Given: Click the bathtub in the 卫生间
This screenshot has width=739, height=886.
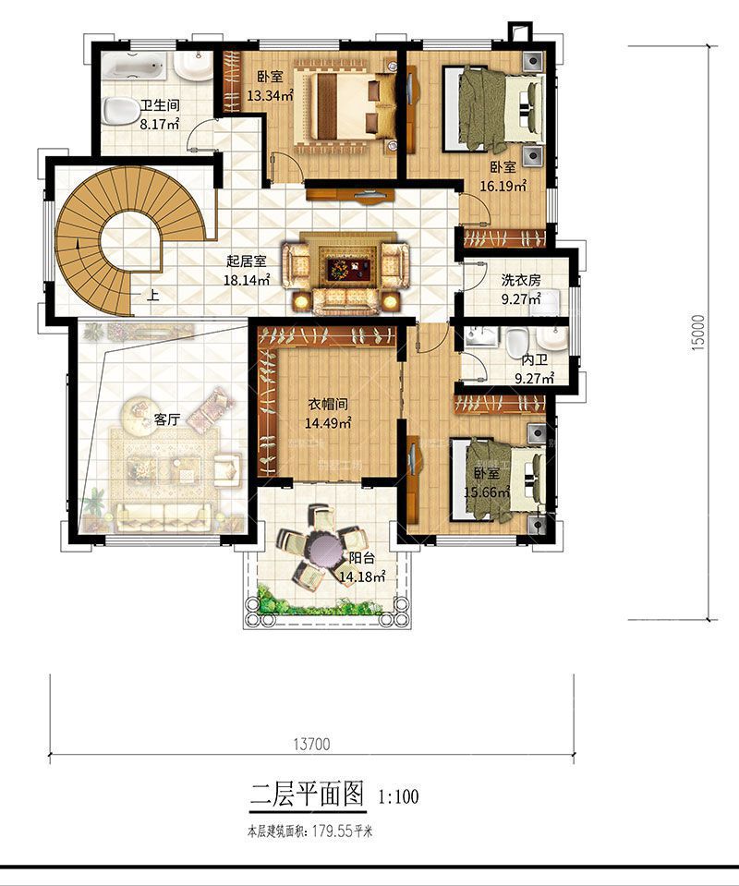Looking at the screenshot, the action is click(135, 67).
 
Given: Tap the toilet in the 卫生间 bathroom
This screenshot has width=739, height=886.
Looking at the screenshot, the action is click(120, 110).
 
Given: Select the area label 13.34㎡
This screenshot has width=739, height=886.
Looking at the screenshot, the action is click(270, 95).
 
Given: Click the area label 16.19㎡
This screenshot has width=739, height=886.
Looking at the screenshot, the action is click(503, 186).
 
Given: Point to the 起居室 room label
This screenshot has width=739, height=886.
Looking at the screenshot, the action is click(246, 261).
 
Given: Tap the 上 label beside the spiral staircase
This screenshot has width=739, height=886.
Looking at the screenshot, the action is click(152, 295).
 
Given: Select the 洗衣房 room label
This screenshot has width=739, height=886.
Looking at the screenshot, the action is click(521, 280).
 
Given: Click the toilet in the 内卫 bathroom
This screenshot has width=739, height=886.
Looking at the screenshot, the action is click(516, 343).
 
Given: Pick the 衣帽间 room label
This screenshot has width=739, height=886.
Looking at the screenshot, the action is click(328, 404).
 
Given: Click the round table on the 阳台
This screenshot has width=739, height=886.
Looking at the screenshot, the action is click(322, 548).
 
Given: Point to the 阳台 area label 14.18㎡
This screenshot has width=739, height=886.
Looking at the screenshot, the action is click(362, 577).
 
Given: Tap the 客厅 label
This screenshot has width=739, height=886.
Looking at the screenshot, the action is click(166, 419).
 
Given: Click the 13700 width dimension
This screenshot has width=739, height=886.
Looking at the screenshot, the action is click(312, 744).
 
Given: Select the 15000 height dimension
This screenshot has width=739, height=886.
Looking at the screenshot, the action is click(698, 333).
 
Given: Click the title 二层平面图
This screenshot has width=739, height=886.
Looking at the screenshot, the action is click(307, 794).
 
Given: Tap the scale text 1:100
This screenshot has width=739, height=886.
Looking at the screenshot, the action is click(399, 796).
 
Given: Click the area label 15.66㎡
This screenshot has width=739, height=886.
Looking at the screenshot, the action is click(487, 492).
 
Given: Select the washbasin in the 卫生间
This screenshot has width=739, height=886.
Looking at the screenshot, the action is click(193, 67).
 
